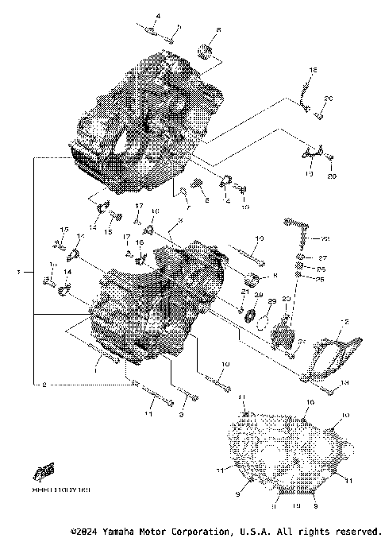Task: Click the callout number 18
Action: [x=312, y=72]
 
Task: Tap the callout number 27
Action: [x=323, y=258]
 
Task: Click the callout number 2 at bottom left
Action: [x=44, y=384]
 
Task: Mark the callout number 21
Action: [x=246, y=292]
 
